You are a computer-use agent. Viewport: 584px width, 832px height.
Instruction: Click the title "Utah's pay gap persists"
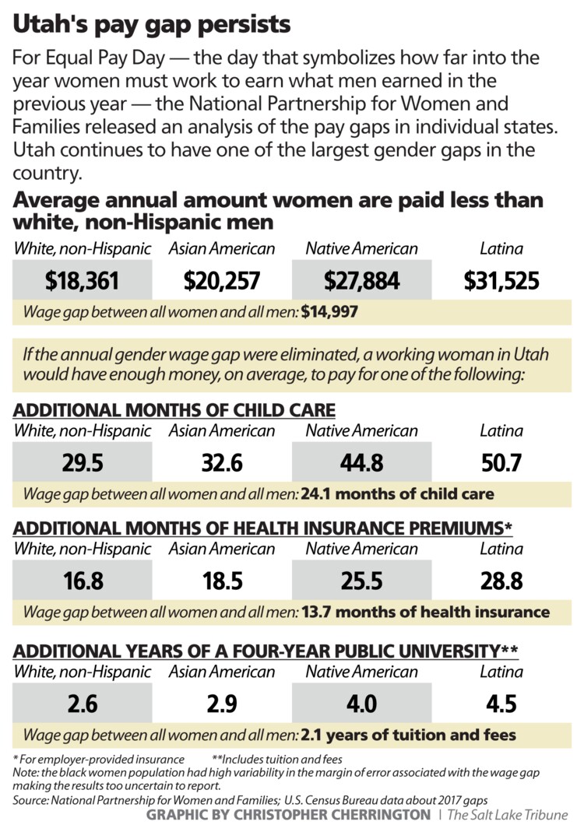(x=152, y=24)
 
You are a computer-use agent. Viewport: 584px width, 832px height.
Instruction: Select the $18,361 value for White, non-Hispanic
(x=83, y=281)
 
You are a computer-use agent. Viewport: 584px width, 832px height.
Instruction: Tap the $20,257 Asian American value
(x=221, y=281)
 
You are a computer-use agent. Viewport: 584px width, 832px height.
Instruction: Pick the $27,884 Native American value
(x=361, y=281)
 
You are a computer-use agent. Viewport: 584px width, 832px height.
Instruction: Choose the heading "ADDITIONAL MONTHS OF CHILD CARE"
(x=174, y=410)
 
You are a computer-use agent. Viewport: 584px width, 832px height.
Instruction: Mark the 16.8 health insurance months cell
(x=83, y=581)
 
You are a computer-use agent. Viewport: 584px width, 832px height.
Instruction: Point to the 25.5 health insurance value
(x=361, y=581)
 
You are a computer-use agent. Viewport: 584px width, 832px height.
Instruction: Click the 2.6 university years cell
(x=83, y=704)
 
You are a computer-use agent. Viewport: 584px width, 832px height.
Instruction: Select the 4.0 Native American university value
(x=361, y=704)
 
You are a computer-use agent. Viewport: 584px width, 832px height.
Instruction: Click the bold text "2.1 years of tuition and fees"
(x=409, y=734)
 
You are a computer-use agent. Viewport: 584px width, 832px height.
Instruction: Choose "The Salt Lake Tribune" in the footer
(x=508, y=815)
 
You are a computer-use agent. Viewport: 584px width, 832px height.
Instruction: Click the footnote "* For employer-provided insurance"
(x=99, y=759)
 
